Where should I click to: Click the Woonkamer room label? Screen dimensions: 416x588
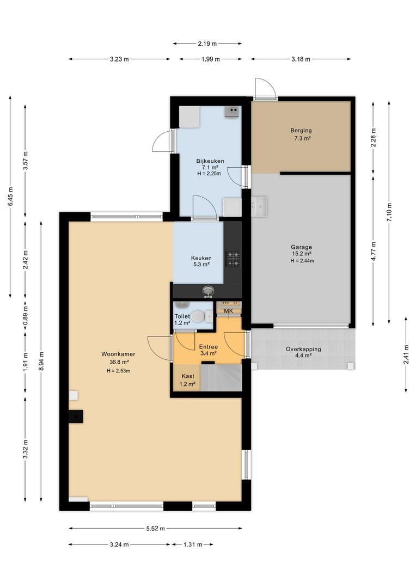118,354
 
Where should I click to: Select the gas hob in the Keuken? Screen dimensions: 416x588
233,259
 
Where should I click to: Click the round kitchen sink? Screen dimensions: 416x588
207,291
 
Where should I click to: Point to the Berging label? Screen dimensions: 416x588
301,131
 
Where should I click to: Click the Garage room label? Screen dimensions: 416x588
301,247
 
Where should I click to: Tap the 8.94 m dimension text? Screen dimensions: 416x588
41,361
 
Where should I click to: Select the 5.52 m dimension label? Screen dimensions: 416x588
155,528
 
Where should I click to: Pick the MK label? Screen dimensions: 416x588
229,311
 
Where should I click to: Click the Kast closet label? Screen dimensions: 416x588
188,376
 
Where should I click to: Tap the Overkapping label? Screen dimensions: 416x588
303,349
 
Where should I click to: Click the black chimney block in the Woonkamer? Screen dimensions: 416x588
76,416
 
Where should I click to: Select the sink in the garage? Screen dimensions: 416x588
259,207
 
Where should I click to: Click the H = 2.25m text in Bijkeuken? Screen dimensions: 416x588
209,174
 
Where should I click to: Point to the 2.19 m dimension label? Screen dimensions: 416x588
207,44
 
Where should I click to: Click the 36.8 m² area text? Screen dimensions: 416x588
119,362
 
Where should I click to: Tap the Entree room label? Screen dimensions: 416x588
208,347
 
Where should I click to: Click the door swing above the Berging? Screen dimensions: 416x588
265,89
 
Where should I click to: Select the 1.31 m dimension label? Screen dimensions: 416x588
193,544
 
